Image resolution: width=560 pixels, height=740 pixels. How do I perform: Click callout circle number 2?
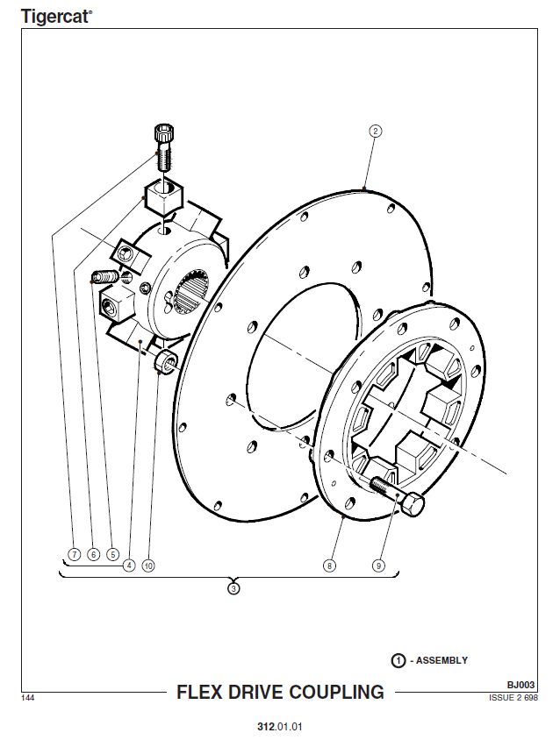(375, 131)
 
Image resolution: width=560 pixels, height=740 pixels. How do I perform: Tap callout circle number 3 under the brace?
(233, 588)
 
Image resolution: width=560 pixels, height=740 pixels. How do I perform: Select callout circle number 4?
(128, 566)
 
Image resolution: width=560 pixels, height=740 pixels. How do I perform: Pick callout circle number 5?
(112, 554)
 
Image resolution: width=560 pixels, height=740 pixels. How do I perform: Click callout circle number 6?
(94, 554)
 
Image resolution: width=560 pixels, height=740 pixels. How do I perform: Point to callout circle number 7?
(75, 554)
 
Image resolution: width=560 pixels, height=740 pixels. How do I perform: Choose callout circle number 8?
(329, 566)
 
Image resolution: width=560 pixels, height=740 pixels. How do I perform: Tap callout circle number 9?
(378, 566)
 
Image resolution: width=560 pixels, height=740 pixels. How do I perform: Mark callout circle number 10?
(148, 566)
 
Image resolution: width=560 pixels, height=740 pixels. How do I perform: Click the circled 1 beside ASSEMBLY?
(398, 660)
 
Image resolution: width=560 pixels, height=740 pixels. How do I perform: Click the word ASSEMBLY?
(442, 660)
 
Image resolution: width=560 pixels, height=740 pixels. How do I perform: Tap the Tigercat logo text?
(56, 17)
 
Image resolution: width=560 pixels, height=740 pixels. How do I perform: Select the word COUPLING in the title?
(336, 692)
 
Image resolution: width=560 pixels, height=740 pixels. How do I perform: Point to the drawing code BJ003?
(521, 685)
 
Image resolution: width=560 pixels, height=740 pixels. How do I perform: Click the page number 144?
(27, 698)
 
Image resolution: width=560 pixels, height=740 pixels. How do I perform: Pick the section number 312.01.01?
(280, 726)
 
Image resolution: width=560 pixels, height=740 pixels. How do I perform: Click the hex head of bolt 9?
(413, 504)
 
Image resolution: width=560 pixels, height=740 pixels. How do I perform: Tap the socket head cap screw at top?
(164, 147)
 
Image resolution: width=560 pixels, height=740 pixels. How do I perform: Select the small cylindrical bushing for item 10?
(165, 362)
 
